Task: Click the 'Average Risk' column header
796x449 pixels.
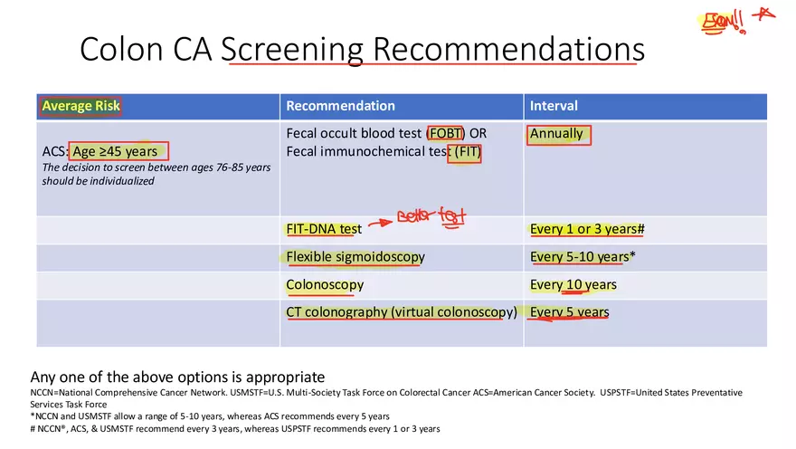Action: (81, 106)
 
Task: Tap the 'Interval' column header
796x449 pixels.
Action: (554, 106)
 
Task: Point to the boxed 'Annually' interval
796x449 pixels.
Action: (558, 134)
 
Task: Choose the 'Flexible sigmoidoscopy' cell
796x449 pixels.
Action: (355, 257)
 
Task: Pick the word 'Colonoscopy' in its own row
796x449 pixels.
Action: (325, 285)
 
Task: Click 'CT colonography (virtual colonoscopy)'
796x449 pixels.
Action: (402, 312)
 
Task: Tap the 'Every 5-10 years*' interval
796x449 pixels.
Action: (583, 257)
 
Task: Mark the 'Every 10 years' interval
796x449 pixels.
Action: (573, 285)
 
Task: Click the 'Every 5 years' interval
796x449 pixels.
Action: (570, 312)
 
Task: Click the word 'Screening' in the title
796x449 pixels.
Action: (298, 49)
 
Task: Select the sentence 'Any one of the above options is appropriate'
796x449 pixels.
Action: (177, 377)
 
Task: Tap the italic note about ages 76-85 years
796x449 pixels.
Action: (156, 174)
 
